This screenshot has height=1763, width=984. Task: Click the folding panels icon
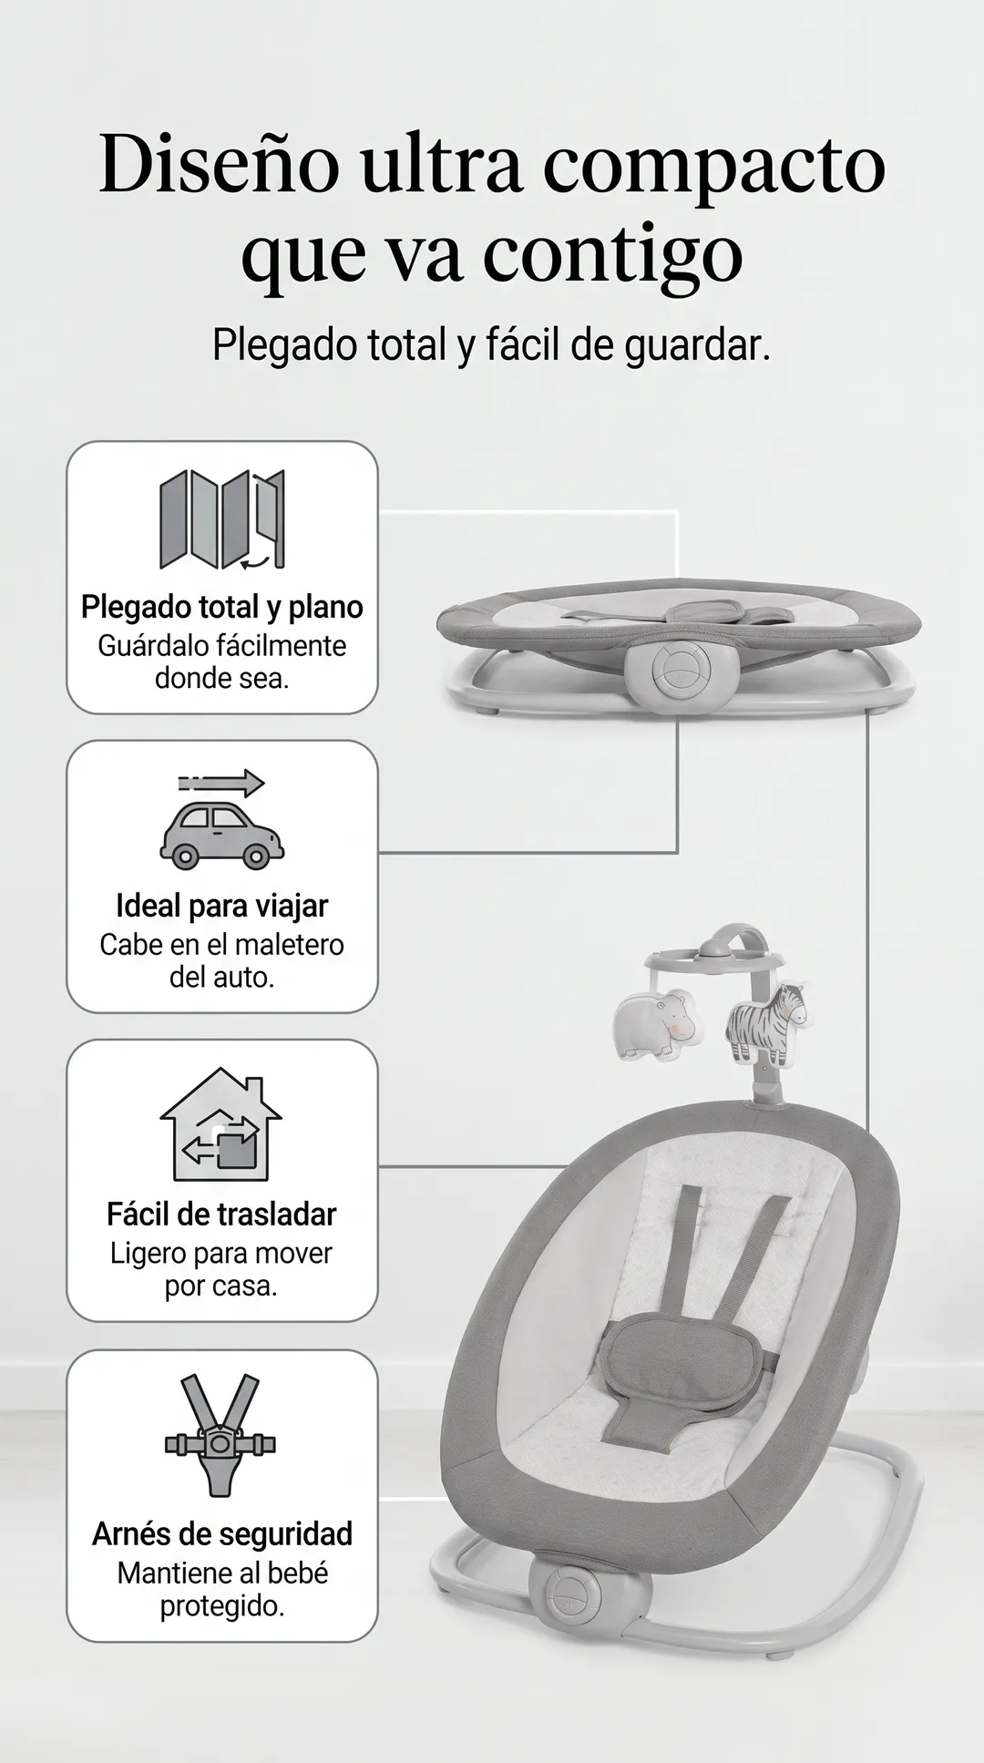[221, 519]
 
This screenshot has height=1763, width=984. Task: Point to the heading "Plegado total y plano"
[222, 608]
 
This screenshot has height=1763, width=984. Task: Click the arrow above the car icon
[221, 783]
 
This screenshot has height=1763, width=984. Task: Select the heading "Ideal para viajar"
[222, 907]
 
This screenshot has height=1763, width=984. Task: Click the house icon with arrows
[220, 1124]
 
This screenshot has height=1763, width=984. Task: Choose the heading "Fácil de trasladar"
[221, 1215]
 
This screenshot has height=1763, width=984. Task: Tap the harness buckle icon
[220, 1436]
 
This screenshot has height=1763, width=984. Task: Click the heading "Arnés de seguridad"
[222, 1534]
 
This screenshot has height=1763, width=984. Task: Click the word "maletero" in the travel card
[292, 945]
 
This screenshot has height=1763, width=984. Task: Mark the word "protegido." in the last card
[222, 1606]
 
